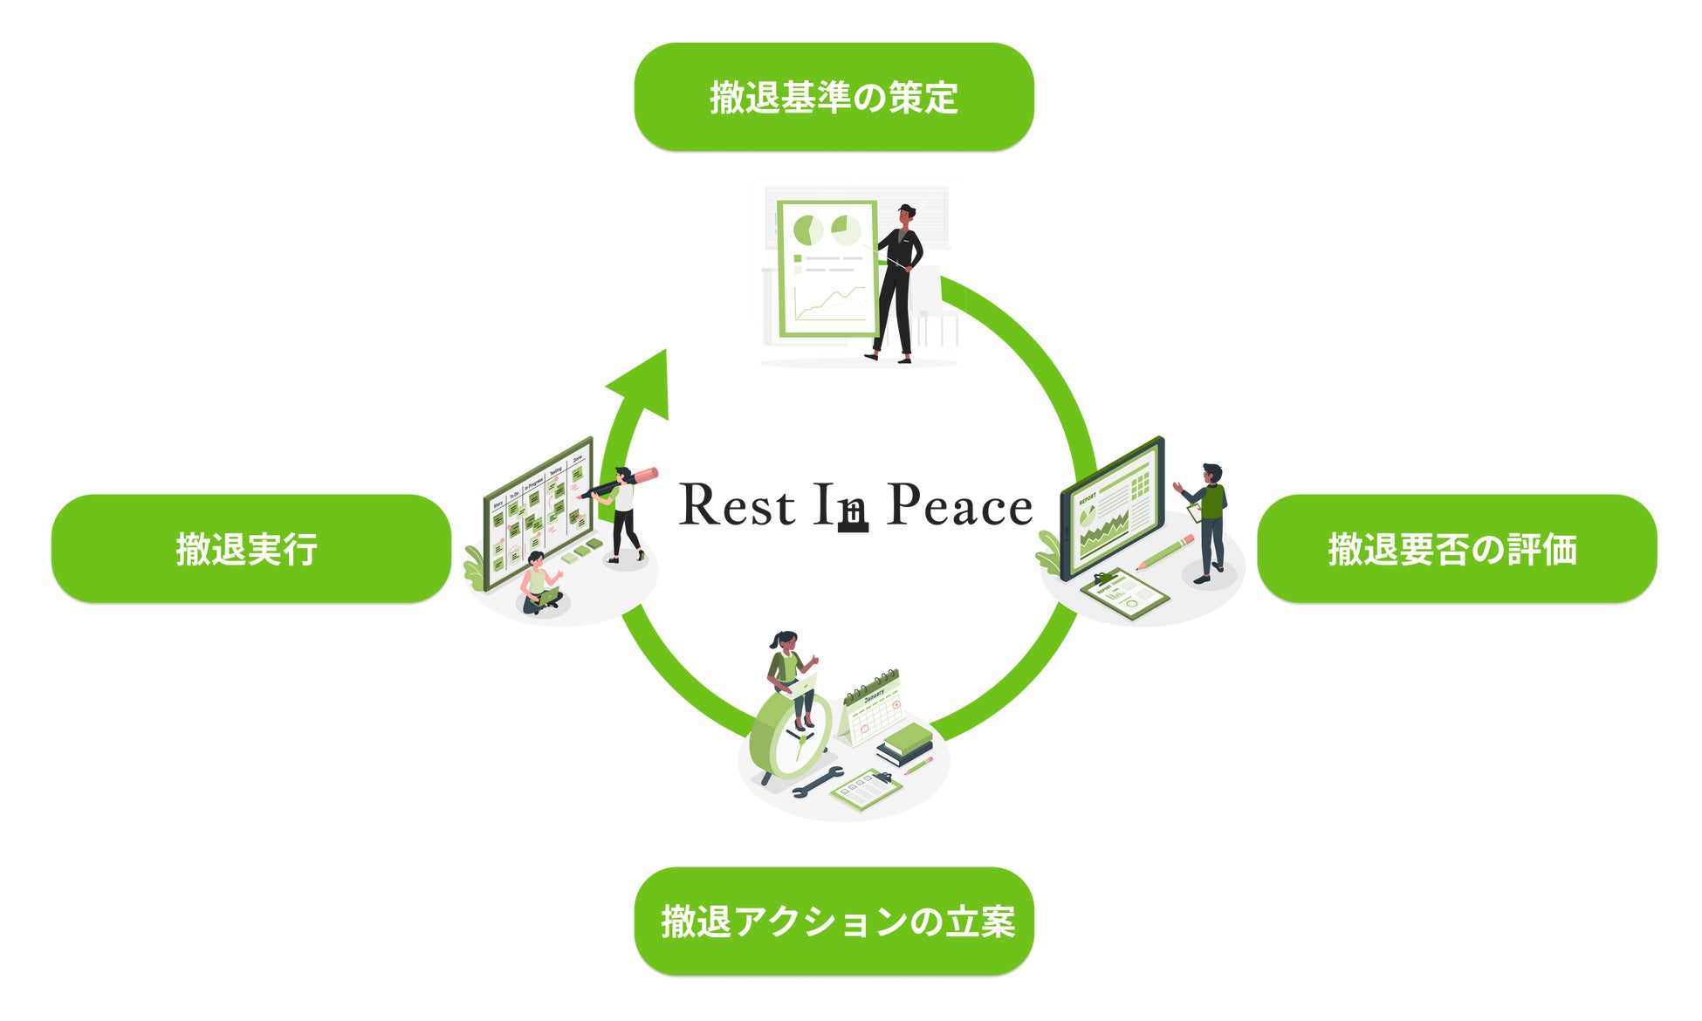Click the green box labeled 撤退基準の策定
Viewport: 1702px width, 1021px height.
pos(834,97)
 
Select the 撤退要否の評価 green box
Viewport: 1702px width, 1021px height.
pos(1456,549)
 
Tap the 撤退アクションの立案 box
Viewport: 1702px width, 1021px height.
pos(834,922)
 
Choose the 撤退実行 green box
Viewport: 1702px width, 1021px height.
pos(250,549)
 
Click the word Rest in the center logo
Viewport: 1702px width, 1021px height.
pos(738,506)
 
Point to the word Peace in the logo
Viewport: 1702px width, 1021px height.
pos(959,506)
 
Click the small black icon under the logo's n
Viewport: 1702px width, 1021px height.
pos(853,519)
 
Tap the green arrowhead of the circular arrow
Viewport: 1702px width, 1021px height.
pos(644,384)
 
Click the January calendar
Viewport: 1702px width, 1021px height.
pos(871,709)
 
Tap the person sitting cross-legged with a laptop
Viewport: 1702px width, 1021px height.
pos(539,585)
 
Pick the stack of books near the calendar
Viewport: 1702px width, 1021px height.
pos(905,744)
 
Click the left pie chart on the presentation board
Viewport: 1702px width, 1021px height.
pos(807,231)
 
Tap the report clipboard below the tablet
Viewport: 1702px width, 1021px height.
pos(1125,593)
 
